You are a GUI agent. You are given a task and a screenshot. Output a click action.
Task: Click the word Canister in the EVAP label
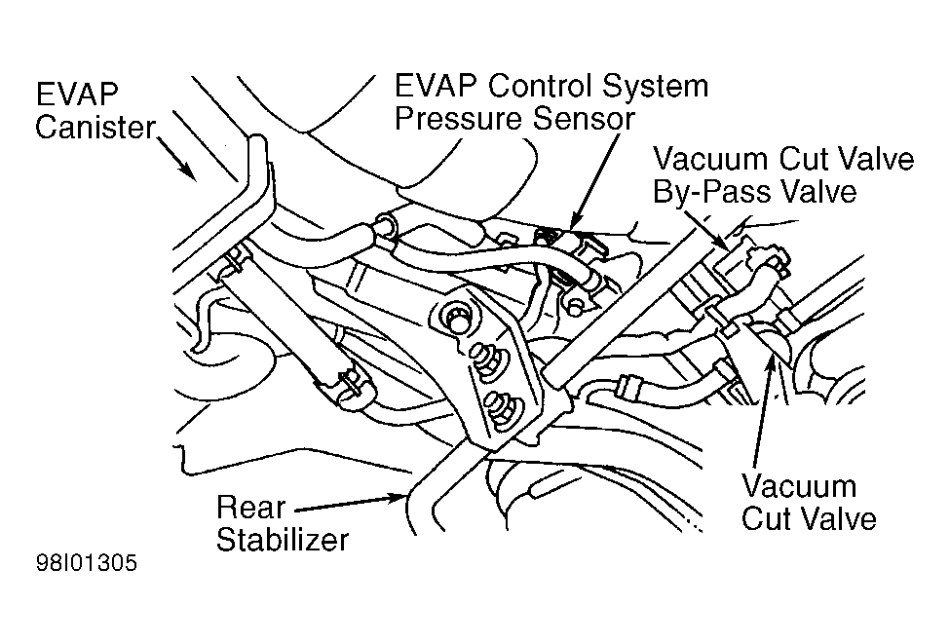(95, 128)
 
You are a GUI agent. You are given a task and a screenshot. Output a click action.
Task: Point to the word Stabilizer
(283, 539)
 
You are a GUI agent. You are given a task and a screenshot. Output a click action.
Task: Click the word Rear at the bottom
(250, 507)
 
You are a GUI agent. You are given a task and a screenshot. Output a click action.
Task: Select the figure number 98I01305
(87, 563)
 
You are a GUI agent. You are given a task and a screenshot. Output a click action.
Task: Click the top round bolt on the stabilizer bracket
(456, 318)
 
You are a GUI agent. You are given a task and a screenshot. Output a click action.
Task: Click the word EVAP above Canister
(76, 95)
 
